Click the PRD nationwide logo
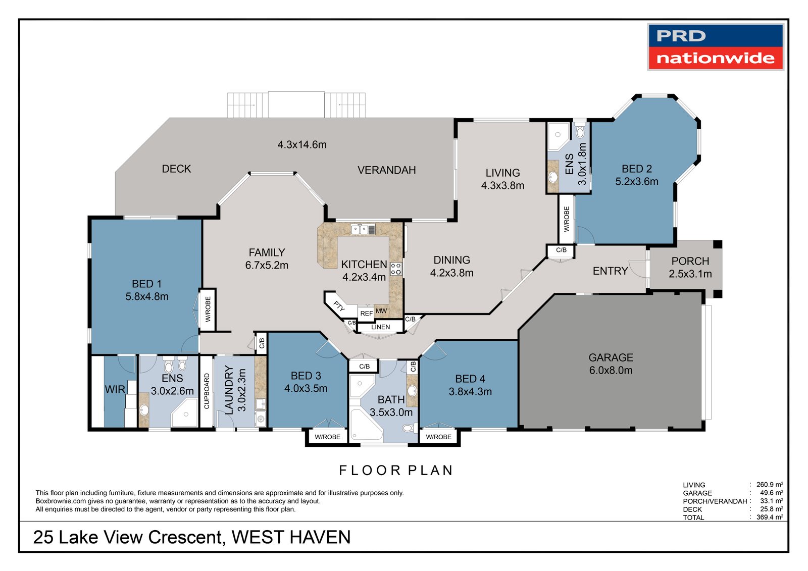[715, 47]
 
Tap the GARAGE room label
[611, 357]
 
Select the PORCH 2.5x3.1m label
[690, 268]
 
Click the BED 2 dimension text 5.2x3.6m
[636, 182]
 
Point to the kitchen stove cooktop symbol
[396, 269]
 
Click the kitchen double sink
[360, 230]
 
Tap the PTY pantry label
[339, 306]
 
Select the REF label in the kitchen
[366, 314]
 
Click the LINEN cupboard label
[380, 327]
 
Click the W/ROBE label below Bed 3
[327, 437]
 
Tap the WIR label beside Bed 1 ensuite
[115, 390]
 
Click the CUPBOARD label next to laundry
[207, 391]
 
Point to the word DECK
[176, 169]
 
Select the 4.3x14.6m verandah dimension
[302, 145]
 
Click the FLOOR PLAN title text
[396, 471]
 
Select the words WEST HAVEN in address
[291, 537]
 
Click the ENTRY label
[610, 271]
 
